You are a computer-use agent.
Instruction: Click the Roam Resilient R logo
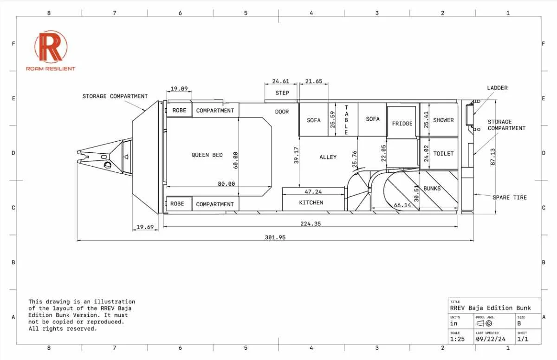click(51, 46)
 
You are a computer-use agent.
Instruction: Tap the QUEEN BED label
click(207, 155)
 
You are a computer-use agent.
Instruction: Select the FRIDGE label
click(402, 124)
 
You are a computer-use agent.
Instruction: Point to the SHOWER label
click(443, 120)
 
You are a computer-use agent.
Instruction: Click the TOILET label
click(443, 154)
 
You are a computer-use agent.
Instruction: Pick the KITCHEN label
click(311, 203)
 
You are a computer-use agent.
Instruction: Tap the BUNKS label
click(432, 189)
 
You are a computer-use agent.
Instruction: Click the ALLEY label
click(328, 157)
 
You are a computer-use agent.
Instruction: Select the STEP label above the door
click(282, 93)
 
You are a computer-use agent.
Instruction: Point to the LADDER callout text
click(497, 88)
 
